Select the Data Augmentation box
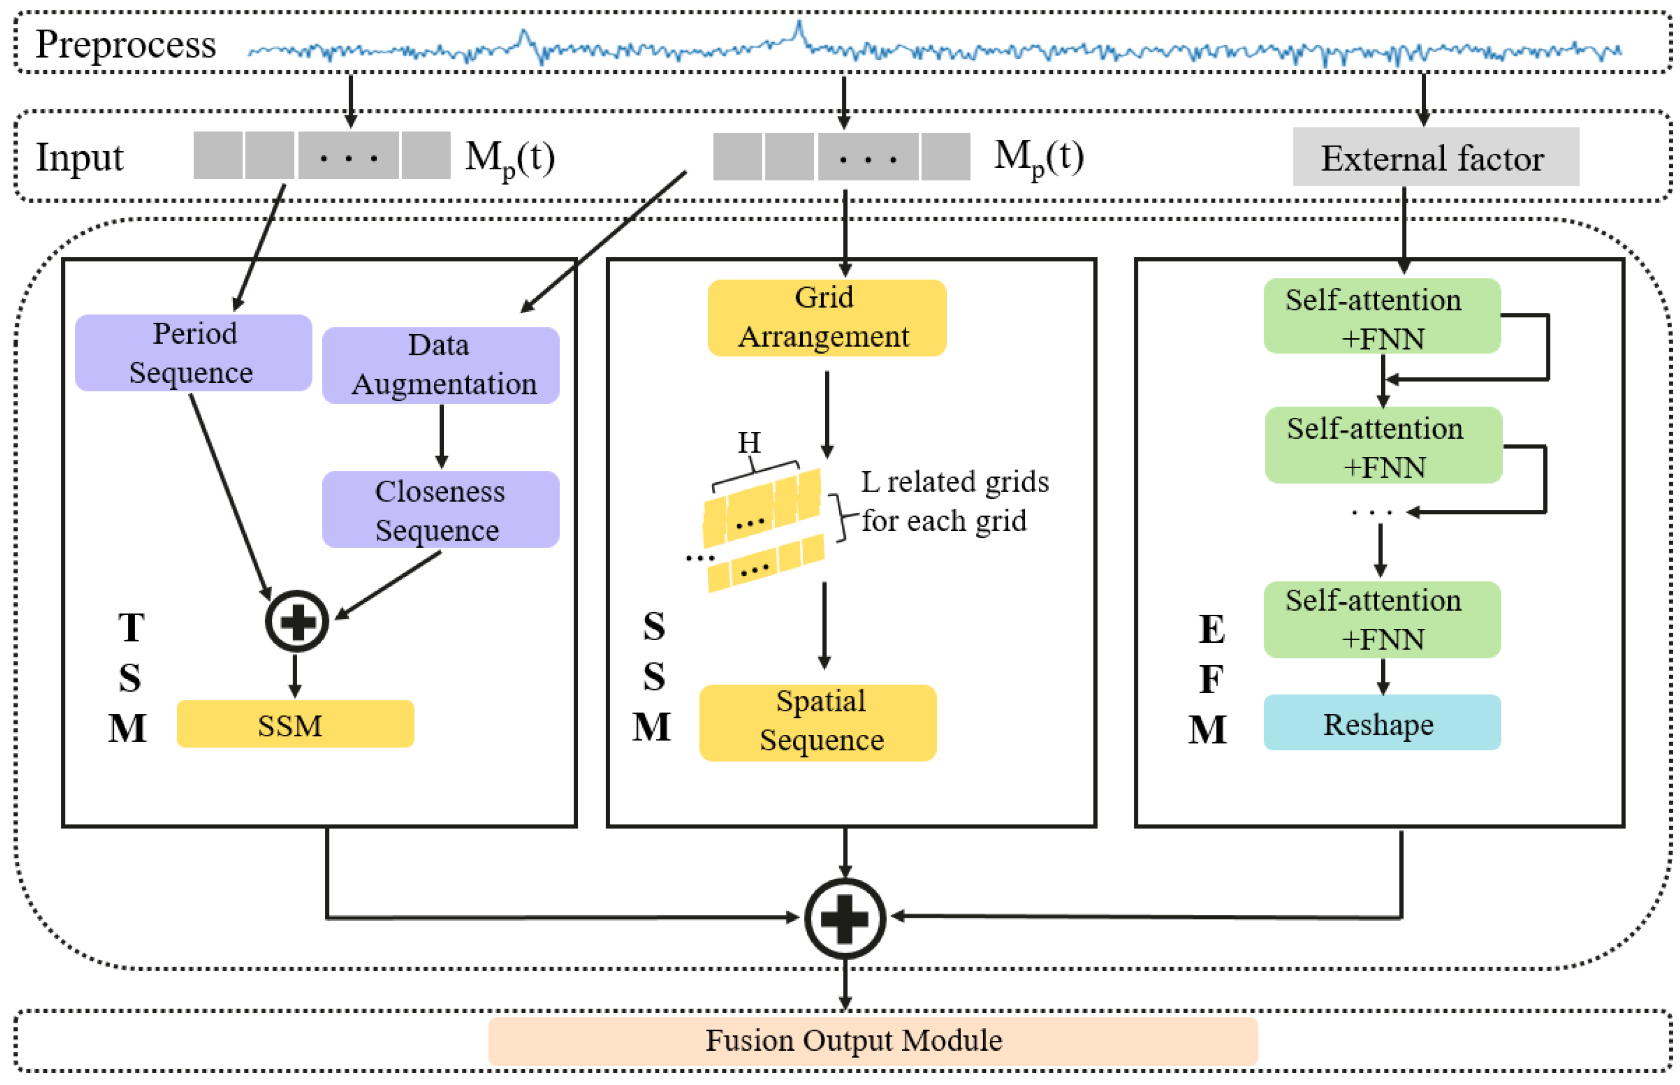[x=440, y=365]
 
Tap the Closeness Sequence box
[x=440, y=509]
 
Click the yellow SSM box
[x=295, y=723]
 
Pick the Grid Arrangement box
[x=826, y=317]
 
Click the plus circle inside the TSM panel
[x=297, y=620]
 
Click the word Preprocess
[x=125, y=44]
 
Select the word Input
[x=79, y=157]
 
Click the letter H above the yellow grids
[x=748, y=442]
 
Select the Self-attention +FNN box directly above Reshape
[x=1381, y=619]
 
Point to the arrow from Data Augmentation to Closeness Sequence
[x=441, y=437]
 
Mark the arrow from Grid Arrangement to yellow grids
[x=826, y=414]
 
